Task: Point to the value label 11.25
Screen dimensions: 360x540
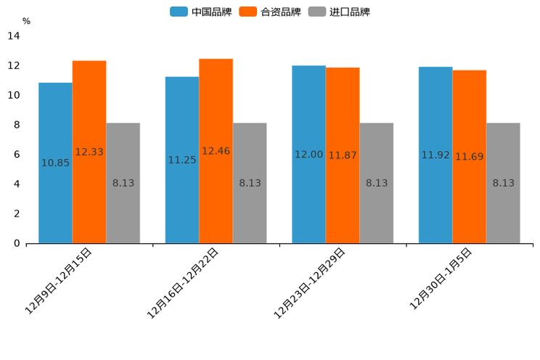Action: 182,160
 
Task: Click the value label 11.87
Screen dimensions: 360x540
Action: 343,155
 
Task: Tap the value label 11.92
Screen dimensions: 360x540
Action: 435,155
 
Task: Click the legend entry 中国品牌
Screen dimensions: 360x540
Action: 202,12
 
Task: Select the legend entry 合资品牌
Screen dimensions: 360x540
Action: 271,12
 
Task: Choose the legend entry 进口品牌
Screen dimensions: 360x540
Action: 340,12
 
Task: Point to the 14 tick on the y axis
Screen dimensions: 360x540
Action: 14,36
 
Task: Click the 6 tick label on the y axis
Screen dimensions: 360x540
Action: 17,155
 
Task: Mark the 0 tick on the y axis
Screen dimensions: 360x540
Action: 17,244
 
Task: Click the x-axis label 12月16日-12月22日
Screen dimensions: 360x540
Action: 184,282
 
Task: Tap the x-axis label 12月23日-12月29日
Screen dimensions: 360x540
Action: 310,282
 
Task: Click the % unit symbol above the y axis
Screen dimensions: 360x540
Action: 26,21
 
